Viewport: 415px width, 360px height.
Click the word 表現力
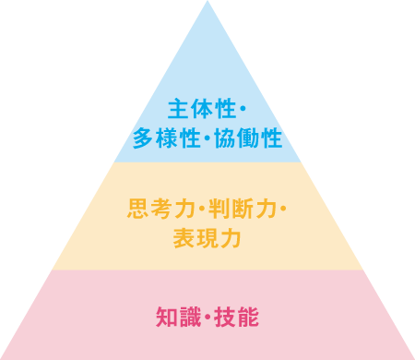point(207,238)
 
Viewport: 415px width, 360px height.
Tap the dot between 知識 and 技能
point(207,318)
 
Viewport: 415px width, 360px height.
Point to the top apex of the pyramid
point(207,3)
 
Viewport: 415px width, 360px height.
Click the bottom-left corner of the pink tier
point(3,357)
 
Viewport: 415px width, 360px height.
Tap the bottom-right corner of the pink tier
point(412,357)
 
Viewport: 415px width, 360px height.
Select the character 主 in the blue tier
point(179,111)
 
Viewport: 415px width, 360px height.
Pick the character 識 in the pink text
point(189,318)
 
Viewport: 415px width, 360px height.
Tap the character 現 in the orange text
point(207,238)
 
